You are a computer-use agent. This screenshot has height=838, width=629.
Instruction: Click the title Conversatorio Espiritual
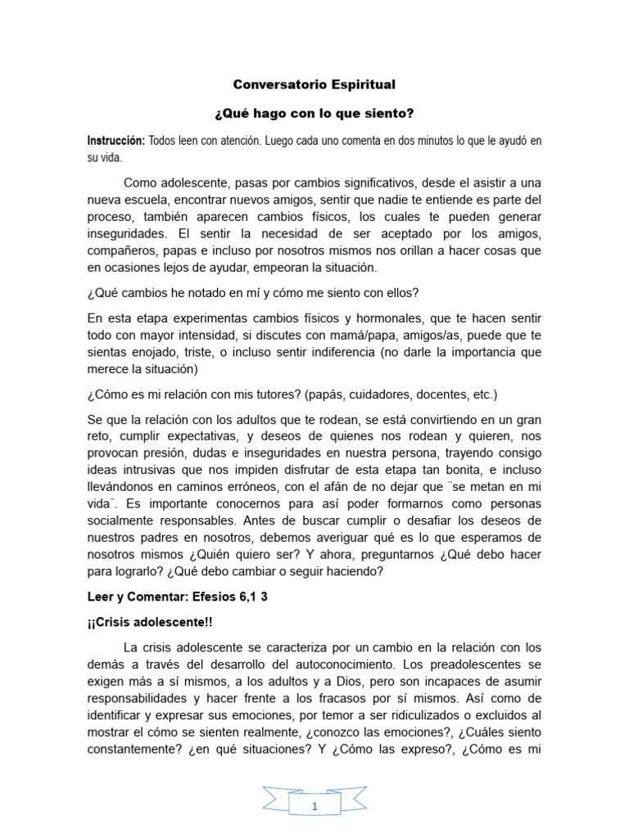pos(314,84)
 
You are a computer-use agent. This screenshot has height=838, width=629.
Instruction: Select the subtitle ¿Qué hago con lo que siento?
pos(314,112)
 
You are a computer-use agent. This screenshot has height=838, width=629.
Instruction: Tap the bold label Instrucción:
pos(116,141)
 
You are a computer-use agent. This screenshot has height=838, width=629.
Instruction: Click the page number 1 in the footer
pos(314,807)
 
